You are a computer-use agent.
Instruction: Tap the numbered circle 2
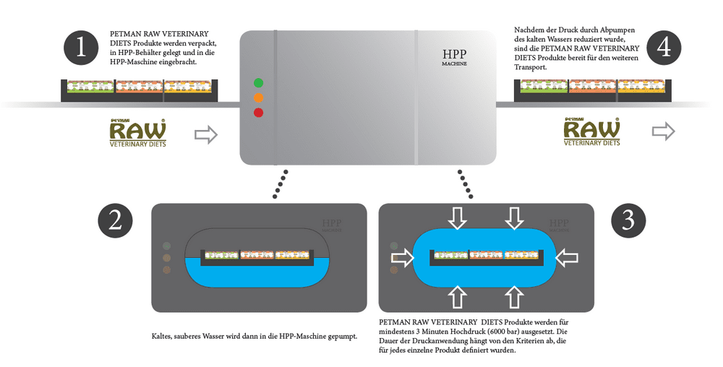[x=116, y=221]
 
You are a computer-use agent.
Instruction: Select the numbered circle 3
[x=628, y=221]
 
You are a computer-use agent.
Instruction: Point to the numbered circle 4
[x=664, y=48]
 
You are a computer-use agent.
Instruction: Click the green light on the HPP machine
[x=258, y=82]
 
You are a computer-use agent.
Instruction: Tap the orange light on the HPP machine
[x=258, y=98]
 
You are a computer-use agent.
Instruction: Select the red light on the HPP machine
[x=258, y=113]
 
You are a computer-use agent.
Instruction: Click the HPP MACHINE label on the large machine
[x=454, y=58]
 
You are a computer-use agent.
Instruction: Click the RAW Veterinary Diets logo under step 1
[x=137, y=132]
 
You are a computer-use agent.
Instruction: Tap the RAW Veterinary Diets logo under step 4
[x=591, y=132]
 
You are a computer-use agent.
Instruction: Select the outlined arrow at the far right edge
[x=663, y=131]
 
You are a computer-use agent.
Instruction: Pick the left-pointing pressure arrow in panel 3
[x=568, y=257]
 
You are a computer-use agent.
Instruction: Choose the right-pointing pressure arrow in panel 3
[x=403, y=257]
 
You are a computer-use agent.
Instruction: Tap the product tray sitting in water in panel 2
[x=257, y=256]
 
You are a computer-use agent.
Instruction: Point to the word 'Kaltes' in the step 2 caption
[x=163, y=336]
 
